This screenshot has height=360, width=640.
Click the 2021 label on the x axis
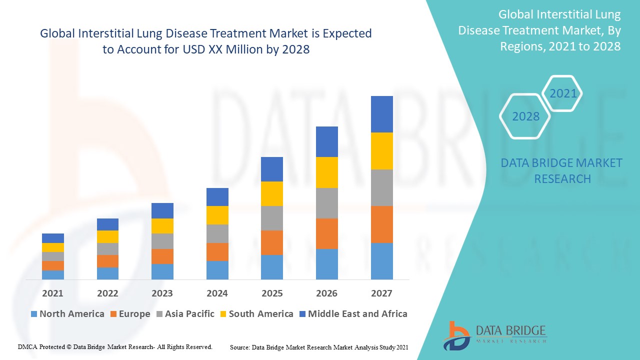[x=52, y=293]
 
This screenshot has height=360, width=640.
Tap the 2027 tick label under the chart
[x=381, y=293]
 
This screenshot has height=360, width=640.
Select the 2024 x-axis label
[x=217, y=293]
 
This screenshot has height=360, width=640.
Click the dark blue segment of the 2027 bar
[x=381, y=114]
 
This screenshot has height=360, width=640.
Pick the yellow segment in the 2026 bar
[x=326, y=172]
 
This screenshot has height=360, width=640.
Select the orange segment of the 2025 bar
[x=271, y=242]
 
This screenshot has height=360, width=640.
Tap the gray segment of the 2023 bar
[x=162, y=241]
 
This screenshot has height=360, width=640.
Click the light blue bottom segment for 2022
[x=107, y=273]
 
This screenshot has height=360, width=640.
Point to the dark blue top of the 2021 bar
[x=53, y=238]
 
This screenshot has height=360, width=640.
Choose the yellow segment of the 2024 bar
[x=217, y=215]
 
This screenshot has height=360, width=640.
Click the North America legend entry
[x=67, y=314]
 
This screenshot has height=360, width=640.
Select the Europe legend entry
[x=129, y=314]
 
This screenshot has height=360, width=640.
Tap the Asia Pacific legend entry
[x=185, y=314]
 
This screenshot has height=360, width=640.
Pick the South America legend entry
[x=256, y=314]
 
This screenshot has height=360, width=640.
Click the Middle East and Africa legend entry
[x=353, y=314]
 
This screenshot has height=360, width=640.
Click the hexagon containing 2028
[x=525, y=116]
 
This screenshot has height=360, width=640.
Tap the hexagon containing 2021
[x=563, y=93]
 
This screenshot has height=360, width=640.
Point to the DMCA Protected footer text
[x=115, y=346]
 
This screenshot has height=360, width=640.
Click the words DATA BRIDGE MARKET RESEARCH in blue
[x=561, y=171]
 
